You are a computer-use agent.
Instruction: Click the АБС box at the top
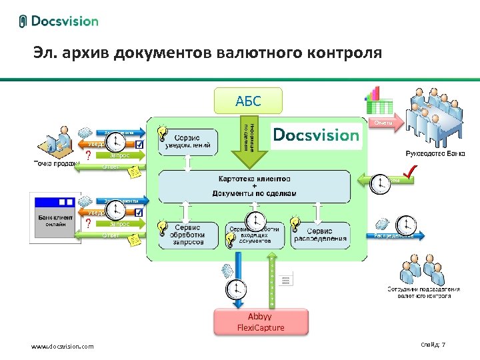[248, 101]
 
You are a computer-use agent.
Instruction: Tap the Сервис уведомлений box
[192, 141]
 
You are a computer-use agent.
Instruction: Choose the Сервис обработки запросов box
[192, 235]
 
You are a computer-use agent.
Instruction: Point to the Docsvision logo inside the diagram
[317, 135]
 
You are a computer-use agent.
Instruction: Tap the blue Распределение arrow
[393, 235]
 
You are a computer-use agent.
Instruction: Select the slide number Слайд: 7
[433, 345]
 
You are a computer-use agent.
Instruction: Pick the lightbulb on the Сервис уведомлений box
[162, 132]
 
